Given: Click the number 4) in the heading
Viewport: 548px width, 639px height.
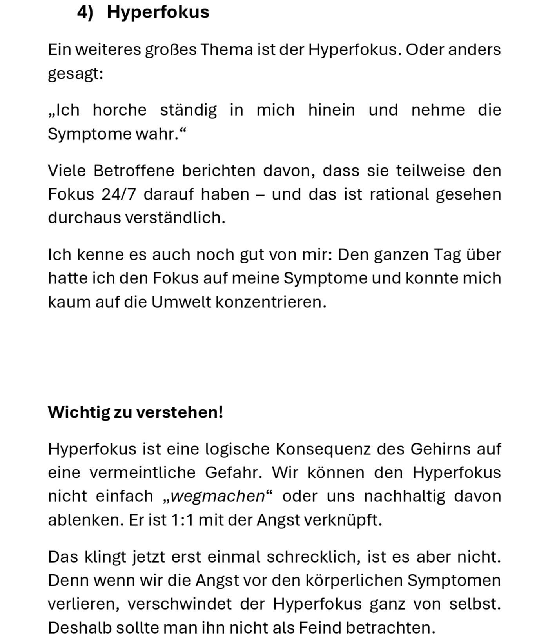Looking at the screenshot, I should (85, 12).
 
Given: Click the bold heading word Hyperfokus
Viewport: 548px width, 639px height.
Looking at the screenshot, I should (158, 12).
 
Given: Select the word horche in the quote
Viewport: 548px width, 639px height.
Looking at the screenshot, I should (120, 110).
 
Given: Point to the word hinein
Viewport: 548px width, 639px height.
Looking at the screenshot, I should (331, 110).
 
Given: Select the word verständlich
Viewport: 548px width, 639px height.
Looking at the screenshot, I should (175, 218).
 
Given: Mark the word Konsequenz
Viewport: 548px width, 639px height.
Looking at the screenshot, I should (323, 449).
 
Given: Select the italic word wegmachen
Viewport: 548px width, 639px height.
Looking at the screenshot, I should (218, 497).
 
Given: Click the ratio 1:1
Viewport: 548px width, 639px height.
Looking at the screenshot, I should (182, 521).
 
